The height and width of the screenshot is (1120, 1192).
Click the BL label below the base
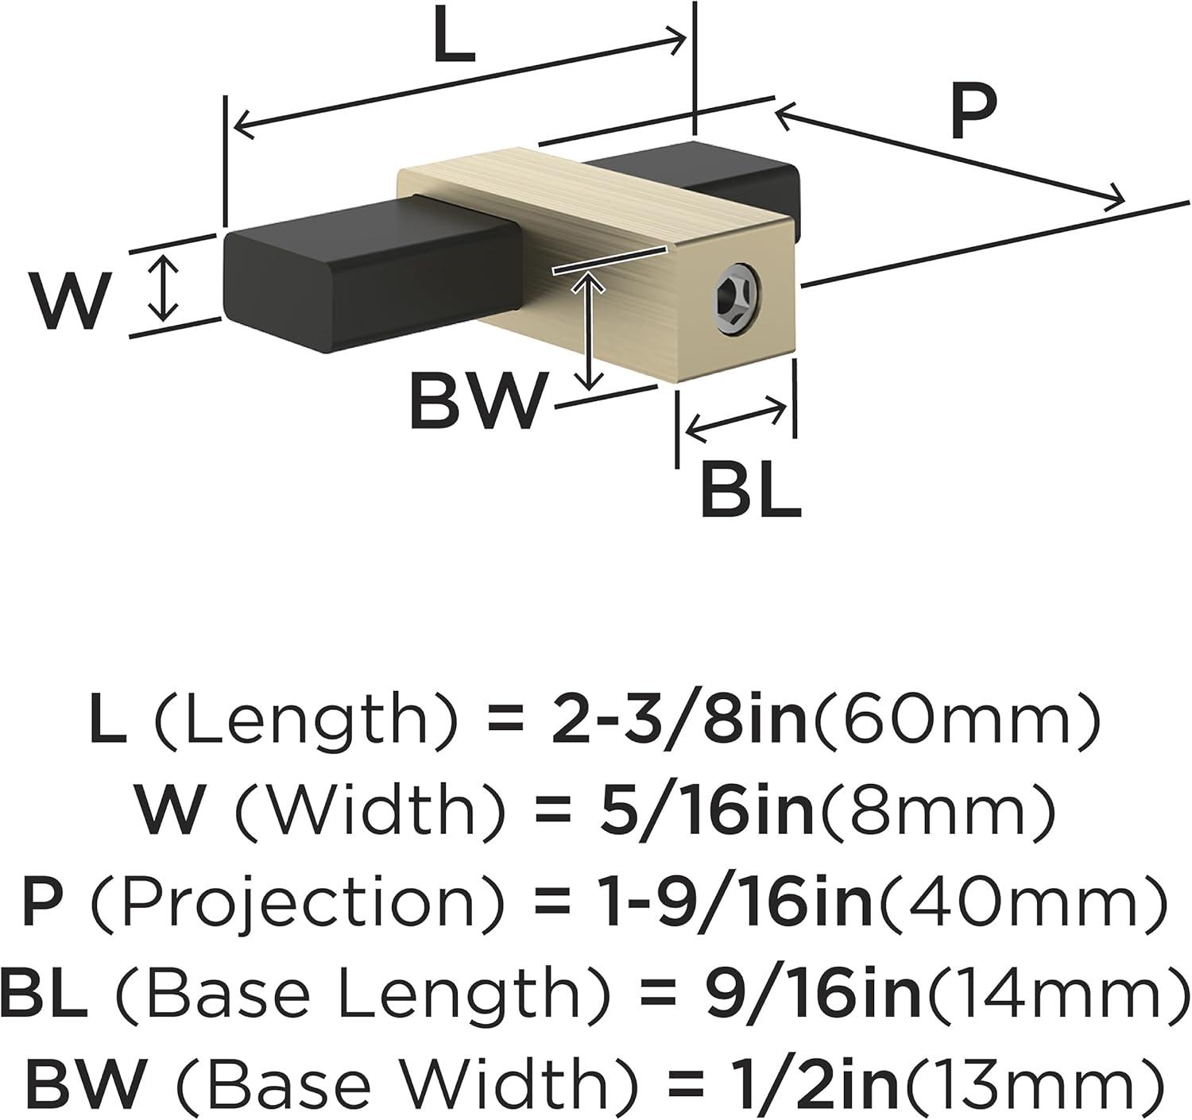pyautogui.click(x=751, y=492)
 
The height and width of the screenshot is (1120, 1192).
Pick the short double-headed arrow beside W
pyautogui.click(x=163, y=286)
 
